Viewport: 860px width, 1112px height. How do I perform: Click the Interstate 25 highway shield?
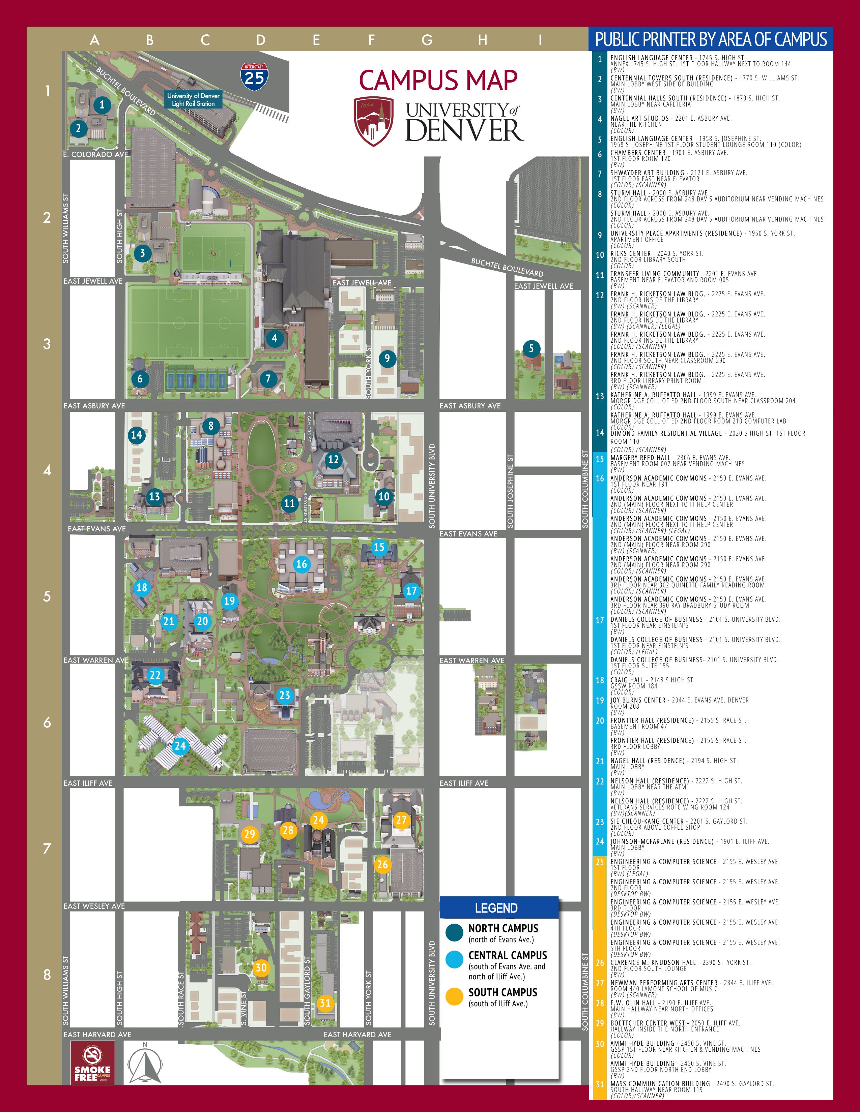click(x=254, y=76)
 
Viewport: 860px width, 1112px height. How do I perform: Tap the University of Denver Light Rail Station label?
click(x=193, y=99)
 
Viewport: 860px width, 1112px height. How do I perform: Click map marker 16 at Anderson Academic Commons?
click(x=302, y=564)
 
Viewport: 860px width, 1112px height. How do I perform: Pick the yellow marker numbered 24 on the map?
click(x=318, y=820)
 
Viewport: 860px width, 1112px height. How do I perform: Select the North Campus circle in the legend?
click(x=454, y=932)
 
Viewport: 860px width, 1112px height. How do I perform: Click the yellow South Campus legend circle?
click(x=454, y=996)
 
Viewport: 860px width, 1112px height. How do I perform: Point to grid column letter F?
click(x=371, y=40)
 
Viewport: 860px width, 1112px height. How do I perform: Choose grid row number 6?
click(x=47, y=722)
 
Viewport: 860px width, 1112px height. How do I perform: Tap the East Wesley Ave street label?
click(x=94, y=906)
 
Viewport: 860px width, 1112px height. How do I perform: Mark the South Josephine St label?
click(x=510, y=491)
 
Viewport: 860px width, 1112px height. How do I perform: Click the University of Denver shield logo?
click(x=373, y=121)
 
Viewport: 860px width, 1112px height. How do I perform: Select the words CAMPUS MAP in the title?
click(x=438, y=80)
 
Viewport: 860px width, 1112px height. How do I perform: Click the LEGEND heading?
click(x=496, y=908)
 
